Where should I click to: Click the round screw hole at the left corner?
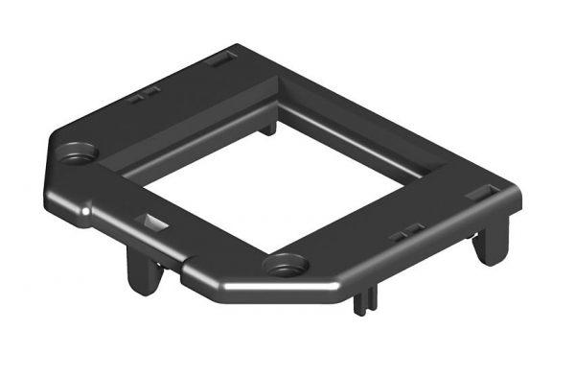[x=78, y=151]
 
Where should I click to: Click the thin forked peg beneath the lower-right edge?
[x=359, y=300]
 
